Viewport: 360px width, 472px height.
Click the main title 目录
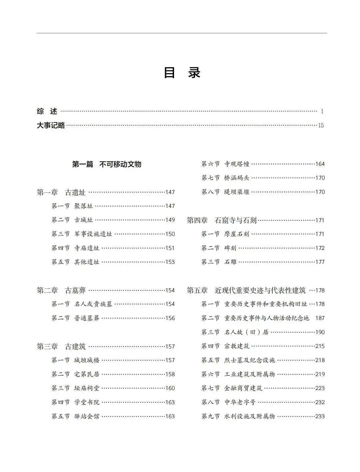tap(182, 73)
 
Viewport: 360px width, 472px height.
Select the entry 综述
tap(47, 111)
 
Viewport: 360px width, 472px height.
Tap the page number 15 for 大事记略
tap(321, 126)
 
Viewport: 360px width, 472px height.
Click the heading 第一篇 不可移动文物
tap(107, 164)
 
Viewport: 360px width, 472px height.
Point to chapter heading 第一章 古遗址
tap(61, 192)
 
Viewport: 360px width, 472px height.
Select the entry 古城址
tap(83, 220)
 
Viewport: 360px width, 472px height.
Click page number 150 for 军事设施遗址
tap(170, 234)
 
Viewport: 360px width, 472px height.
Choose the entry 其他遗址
tap(87, 262)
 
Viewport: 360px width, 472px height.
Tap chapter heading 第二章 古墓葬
tap(61, 290)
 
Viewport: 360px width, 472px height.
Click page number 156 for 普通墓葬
tap(170, 318)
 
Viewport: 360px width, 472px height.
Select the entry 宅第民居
tap(87, 374)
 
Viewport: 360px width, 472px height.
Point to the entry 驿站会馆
tap(87, 416)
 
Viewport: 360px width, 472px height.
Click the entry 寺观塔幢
tap(237, 164)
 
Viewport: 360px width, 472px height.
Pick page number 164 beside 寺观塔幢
tap(320, 164)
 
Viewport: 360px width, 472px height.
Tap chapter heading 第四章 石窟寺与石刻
tap(222, 220)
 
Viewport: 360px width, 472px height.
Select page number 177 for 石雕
tap(320, 262)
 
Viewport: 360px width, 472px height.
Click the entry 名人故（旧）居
tap(246, 332)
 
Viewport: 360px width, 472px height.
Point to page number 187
tap(320, 318)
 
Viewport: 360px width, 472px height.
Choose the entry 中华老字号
tap(240, 402)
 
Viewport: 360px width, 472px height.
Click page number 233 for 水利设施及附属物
tap(320, 416)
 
